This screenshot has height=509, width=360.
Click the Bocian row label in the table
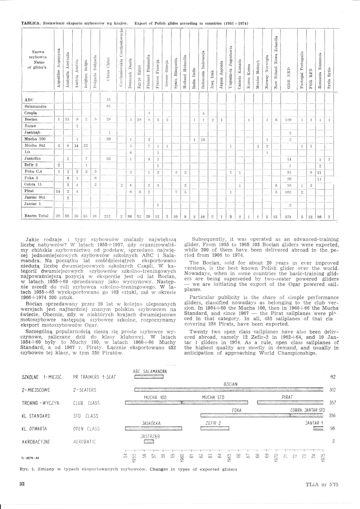31,119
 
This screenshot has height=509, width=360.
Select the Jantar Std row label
34,197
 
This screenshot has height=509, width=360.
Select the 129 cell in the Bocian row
288,120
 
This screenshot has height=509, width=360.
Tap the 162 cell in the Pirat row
288,191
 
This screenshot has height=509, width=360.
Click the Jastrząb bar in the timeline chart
149,442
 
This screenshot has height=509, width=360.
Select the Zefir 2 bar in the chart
214,428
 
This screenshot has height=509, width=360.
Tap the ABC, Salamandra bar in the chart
149,377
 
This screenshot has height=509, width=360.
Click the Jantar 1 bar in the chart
318,428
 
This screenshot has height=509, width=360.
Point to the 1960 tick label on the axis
182,459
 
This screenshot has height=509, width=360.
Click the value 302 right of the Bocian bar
332,390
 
